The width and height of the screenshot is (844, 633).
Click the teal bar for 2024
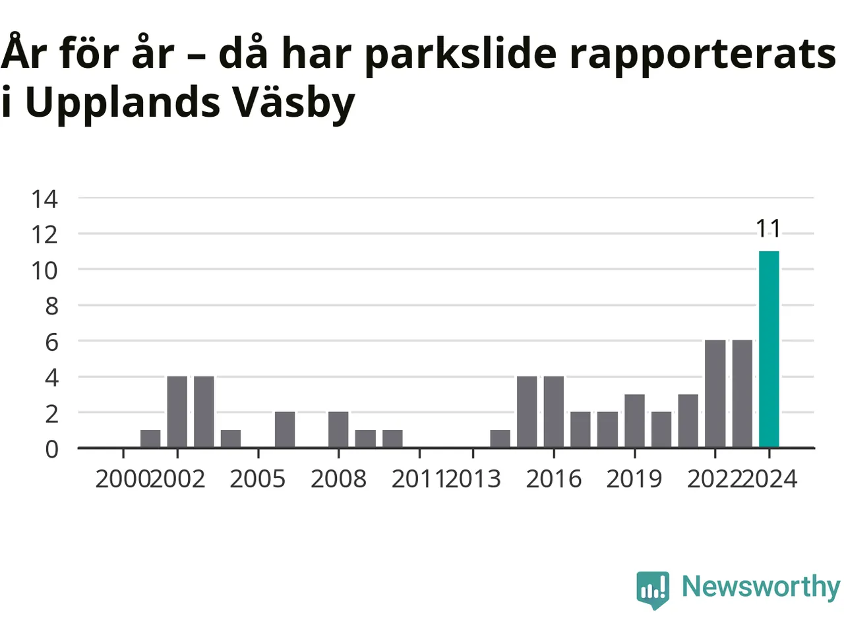point(769,349)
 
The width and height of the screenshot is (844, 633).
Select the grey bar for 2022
point(715,394)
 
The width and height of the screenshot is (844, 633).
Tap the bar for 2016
point(553,412)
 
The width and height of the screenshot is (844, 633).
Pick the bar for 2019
point(634,421)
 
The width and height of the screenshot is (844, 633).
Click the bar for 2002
point(177,412)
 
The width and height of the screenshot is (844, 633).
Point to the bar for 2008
point(338,430)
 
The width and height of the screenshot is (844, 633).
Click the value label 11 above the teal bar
point(768,229)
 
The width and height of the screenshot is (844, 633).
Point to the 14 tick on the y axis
point(45,199)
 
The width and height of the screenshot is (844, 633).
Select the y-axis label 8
point(51,307)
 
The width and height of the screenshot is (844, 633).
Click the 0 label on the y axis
point(51,450)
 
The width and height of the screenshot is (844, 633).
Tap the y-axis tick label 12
point(45,235)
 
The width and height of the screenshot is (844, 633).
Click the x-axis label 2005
point(258,479)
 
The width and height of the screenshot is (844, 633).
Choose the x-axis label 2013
point(473,479)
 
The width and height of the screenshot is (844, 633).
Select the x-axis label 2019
point(634,479)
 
